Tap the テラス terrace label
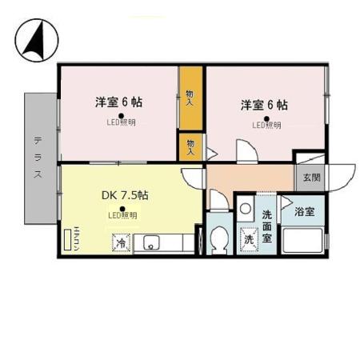point(38,157)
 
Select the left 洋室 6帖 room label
point(120,102)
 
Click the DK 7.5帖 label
point(124,194)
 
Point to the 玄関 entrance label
point(310,178)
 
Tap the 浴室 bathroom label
point(304,211)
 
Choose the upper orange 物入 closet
point(190,98)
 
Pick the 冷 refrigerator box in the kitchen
point(121,242)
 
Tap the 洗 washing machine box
point(248,238)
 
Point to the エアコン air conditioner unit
point(68,240)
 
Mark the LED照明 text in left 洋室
point(122,123)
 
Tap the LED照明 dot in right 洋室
point(266,116)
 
